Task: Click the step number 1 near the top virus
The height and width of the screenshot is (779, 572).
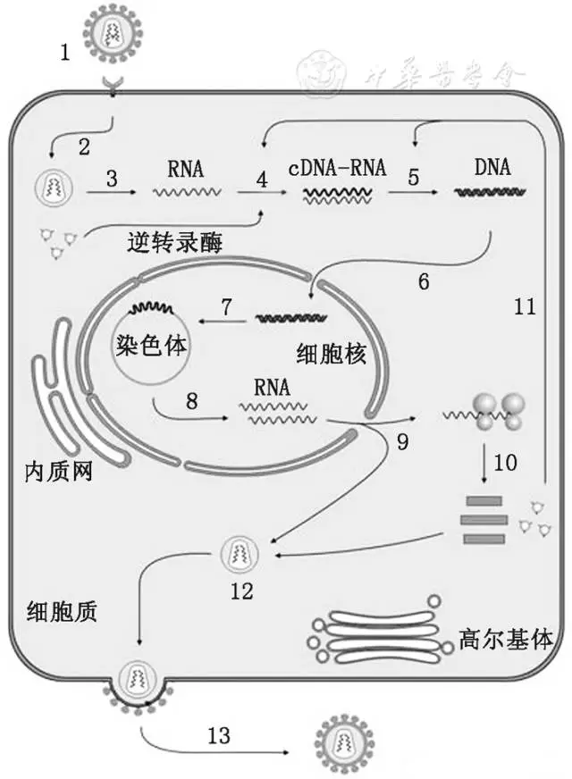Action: [65, 52]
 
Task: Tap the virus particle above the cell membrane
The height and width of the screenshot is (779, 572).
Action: [113, 34]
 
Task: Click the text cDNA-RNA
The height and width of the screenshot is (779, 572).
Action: [337, 167]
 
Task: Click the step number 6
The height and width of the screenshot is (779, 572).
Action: [424, 281]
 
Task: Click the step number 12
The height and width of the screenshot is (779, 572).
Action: [241, 591]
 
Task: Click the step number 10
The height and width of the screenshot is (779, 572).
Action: [505, 463]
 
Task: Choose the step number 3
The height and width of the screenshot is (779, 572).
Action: [111, 178]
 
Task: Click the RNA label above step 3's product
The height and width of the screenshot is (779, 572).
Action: [185, 167]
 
